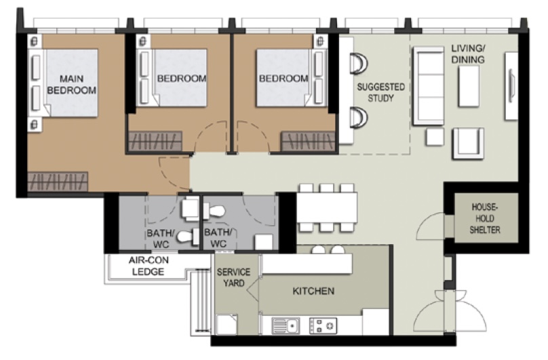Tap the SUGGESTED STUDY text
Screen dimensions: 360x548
point(380,92)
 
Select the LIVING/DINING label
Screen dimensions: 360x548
point(468,54)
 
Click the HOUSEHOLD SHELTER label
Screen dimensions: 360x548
point(484,218)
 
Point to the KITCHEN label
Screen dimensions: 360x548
point(313,292)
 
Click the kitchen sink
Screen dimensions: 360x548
point(286,325)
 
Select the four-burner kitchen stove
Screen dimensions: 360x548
point(323,325)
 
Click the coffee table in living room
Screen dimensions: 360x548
point(469,86)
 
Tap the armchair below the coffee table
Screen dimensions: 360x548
point(469,142)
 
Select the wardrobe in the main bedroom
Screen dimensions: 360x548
point(58,182)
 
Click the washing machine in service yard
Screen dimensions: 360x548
point(227,323)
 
